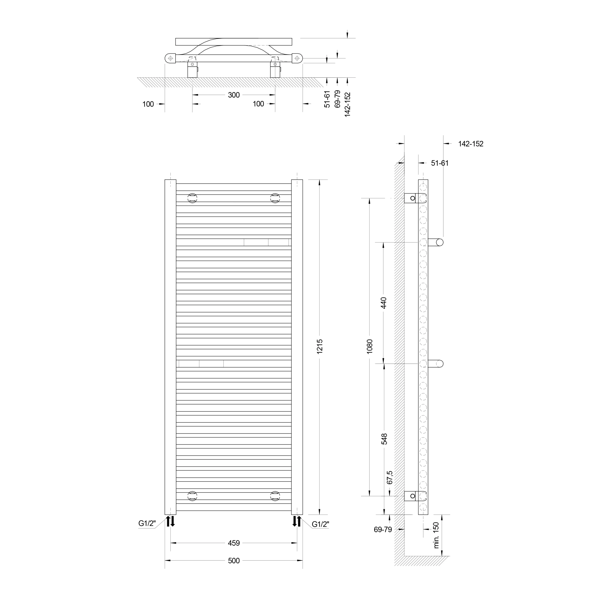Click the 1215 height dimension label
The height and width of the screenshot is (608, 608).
coord(320,347)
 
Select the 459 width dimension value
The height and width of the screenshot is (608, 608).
coord(234,543)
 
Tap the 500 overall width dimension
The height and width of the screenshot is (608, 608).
coord(234,560)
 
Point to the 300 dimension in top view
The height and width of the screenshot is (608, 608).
coord(234,95)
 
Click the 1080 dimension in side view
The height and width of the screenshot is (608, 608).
coord(370,346)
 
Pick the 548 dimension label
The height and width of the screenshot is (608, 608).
coord(384,439)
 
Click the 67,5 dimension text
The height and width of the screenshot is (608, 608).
coord(390,477)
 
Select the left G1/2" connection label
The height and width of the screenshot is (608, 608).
coord(147,523)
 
